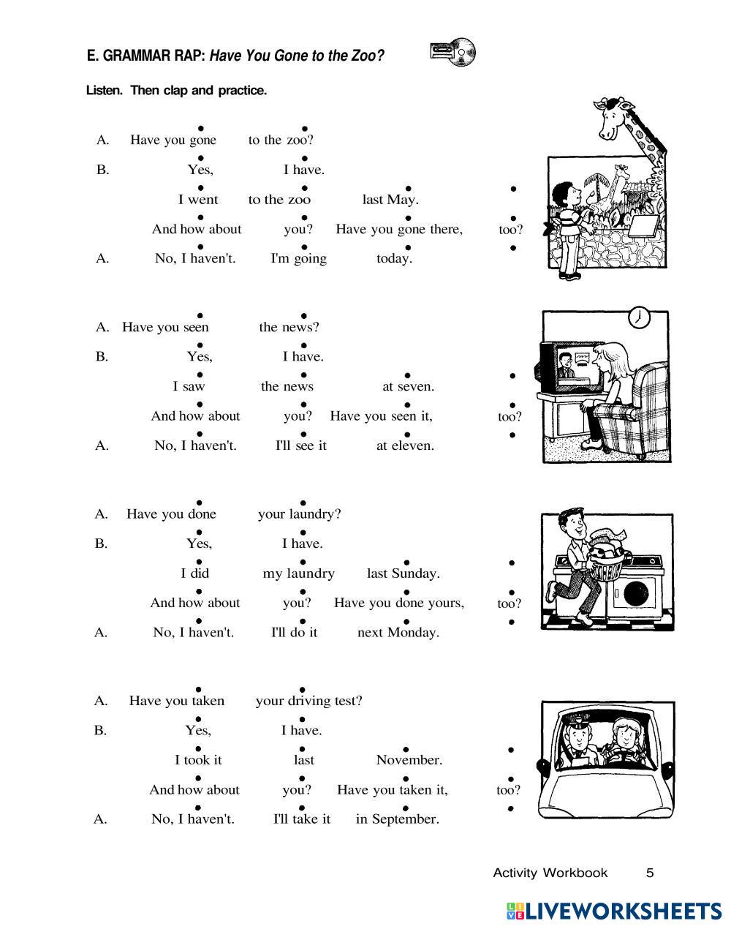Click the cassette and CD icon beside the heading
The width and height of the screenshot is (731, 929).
point(453,52)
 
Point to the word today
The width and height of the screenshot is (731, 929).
point(394,258)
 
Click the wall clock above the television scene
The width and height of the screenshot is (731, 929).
point(639,317)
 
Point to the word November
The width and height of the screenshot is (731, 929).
point(409,760)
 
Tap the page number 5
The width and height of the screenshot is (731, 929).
point(650,873)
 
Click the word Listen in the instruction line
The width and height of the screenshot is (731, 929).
point(105,91)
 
